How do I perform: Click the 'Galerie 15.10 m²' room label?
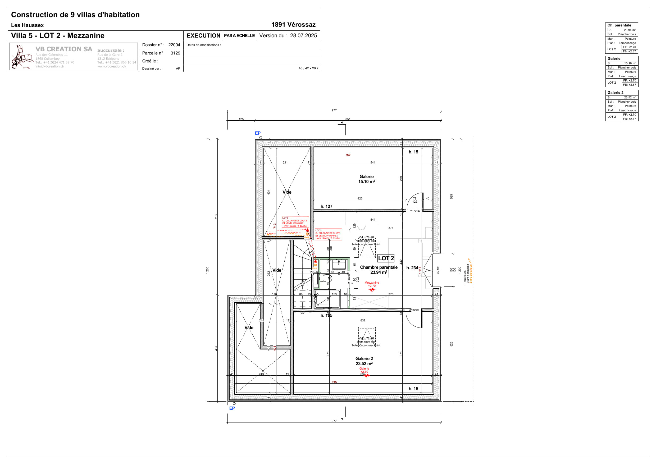[366, 179]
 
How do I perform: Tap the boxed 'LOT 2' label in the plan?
[386, 258]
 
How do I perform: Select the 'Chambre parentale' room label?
[379, 267]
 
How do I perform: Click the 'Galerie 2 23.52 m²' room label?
[364, 361]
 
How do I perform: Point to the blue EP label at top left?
[257, 133]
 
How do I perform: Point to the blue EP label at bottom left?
[232, 408]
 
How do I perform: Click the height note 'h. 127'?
[326, 206]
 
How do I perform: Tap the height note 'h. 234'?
[412, 268]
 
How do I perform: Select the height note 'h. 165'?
[326, 315]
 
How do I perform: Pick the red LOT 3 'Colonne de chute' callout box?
[295, 222]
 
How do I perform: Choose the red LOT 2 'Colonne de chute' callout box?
[328, 234]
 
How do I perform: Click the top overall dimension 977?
[334, 110]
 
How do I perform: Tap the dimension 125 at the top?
[241, 119]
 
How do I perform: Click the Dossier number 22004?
[174, 45]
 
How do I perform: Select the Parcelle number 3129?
[175, 53]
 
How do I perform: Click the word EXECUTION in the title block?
[203, 36]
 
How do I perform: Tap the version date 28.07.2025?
[303, 36]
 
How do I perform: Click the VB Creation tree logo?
[21, 57]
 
